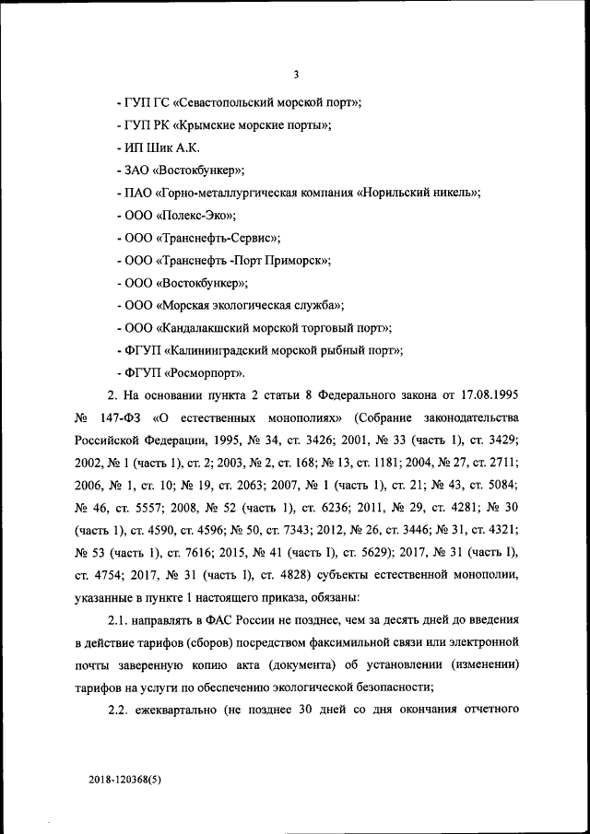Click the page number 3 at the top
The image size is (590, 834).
point(295,75)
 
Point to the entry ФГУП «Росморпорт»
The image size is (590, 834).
point(182,373)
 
